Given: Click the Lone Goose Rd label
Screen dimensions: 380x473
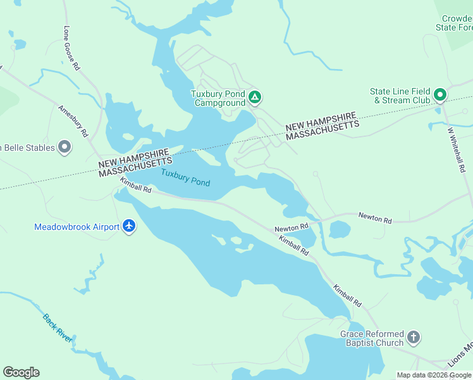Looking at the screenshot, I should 71,48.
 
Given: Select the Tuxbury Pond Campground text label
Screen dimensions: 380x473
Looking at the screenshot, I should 219,98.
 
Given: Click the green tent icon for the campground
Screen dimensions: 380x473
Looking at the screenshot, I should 254,98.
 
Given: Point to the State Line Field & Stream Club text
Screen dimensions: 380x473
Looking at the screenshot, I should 400,96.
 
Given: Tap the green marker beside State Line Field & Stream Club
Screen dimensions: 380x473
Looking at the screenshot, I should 439,96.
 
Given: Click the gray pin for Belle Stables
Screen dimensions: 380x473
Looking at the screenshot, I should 64,148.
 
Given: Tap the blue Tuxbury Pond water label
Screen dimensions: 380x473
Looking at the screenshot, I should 185,177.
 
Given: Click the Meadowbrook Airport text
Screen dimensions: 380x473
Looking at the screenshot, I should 77,227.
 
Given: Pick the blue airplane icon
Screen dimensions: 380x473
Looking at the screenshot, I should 130,226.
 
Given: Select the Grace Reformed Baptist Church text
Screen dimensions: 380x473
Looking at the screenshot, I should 371,338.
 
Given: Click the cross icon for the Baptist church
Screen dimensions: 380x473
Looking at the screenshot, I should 414,338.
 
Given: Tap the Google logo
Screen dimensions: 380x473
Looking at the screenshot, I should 21,372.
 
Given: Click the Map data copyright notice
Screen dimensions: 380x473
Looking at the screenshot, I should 433,375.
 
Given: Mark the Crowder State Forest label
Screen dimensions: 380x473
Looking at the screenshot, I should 454,23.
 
